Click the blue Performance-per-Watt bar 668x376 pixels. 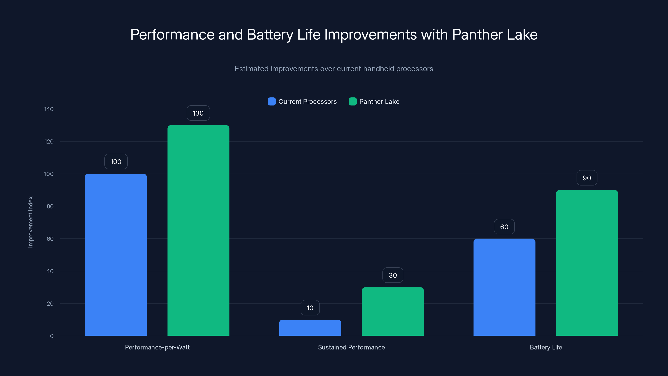tap(116, 255)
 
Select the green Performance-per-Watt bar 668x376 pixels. tap(198, 230)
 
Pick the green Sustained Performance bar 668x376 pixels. tap(393, 311)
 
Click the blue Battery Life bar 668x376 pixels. tap(504, 287)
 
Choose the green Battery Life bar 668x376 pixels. tap(587, 263)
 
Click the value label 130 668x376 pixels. tap(198, 113)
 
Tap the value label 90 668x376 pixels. tap(587, 178)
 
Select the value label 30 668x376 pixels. tap(393, 275)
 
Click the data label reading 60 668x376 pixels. tap(504, 227)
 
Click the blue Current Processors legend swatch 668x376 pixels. tap(272, 102)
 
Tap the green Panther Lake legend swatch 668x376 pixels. tap(352, 102)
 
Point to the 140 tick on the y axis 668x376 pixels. tap(49, 109)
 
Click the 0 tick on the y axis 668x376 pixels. tap(52, 336)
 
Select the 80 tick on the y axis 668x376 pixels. tap(50, 206)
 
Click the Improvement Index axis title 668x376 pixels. tap(31, 222)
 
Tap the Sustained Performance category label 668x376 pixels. tap(351, 347)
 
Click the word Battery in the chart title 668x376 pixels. tap(270, 34)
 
